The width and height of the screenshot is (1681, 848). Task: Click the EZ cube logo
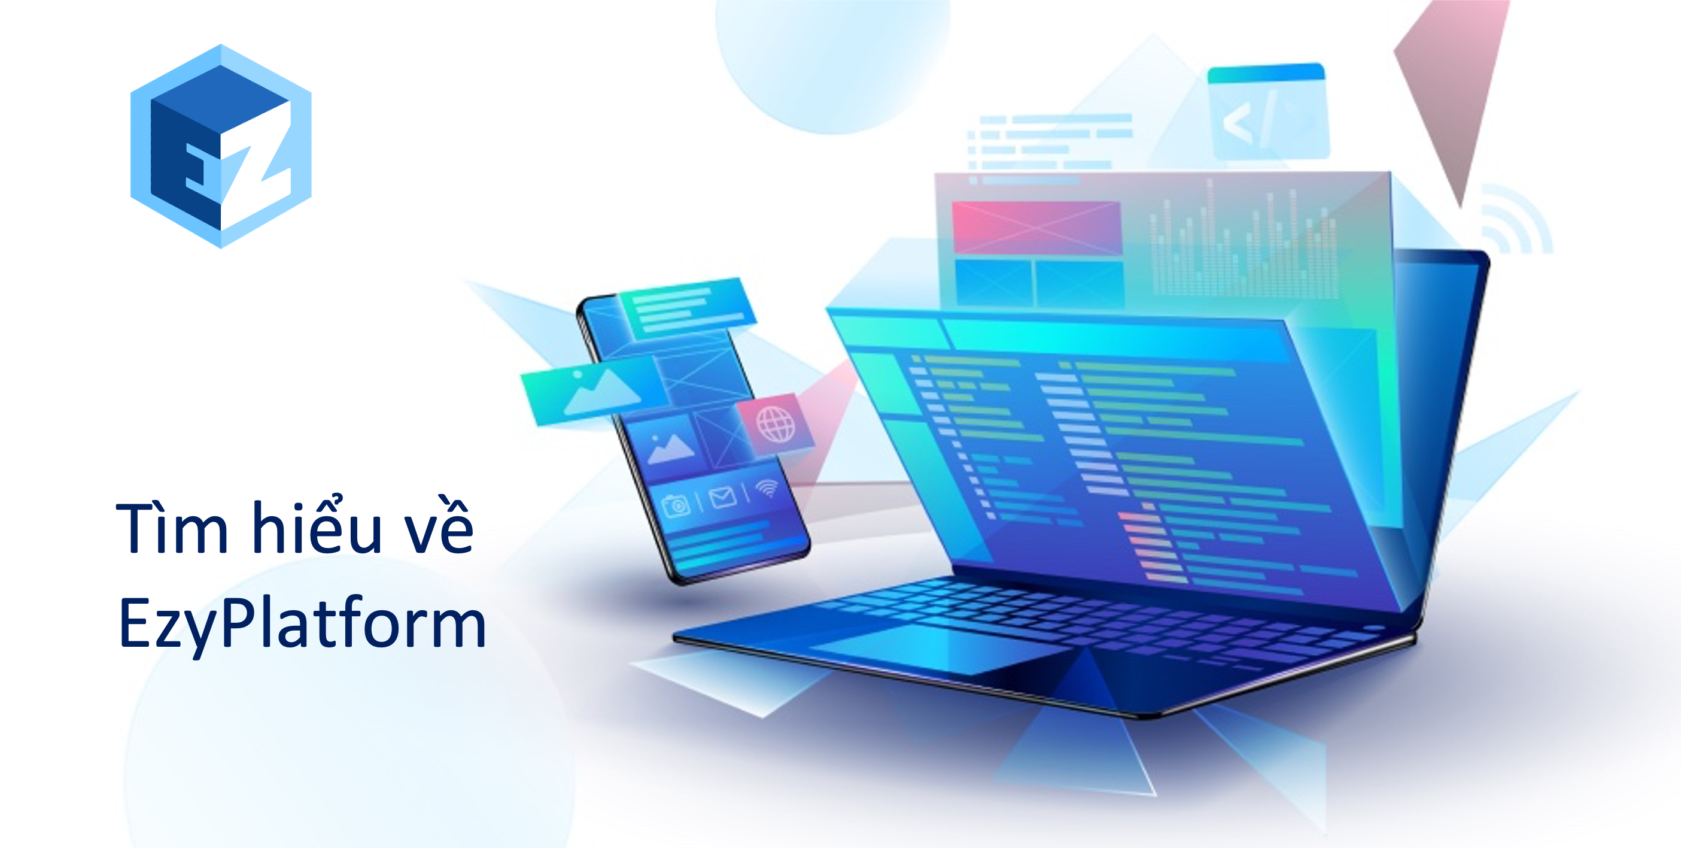click(221, 146)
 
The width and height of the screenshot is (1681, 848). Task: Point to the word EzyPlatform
click(302, 623)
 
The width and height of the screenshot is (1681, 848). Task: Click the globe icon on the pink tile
click(776, 425)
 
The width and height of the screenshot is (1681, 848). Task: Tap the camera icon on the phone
click(676, 505)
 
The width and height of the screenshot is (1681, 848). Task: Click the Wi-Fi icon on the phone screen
click(767, 487)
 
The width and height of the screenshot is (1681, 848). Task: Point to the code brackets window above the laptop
click(1268, 111)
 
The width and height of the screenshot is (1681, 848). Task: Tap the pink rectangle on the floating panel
click(1036, 227)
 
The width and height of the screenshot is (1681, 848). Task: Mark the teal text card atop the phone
click(686, 307)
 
